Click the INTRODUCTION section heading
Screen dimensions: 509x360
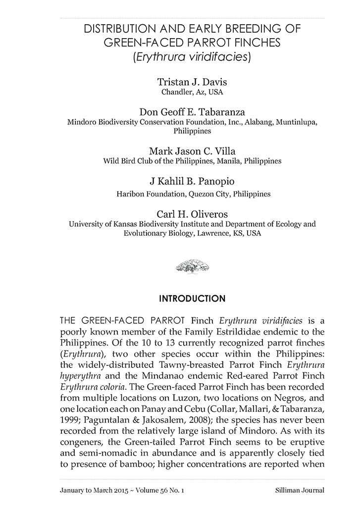click(x=192, y=299)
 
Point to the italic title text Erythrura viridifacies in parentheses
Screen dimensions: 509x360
click(x=192, y=57)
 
